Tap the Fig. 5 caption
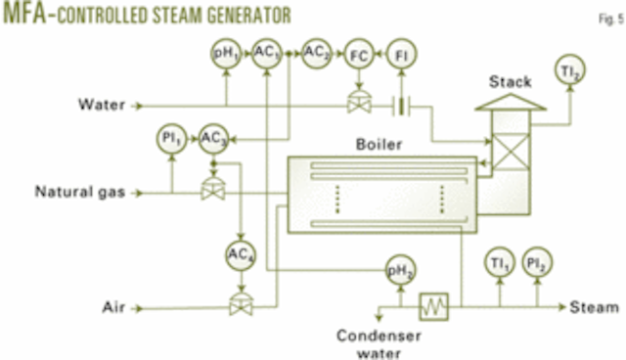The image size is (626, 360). tap(605, 17)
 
